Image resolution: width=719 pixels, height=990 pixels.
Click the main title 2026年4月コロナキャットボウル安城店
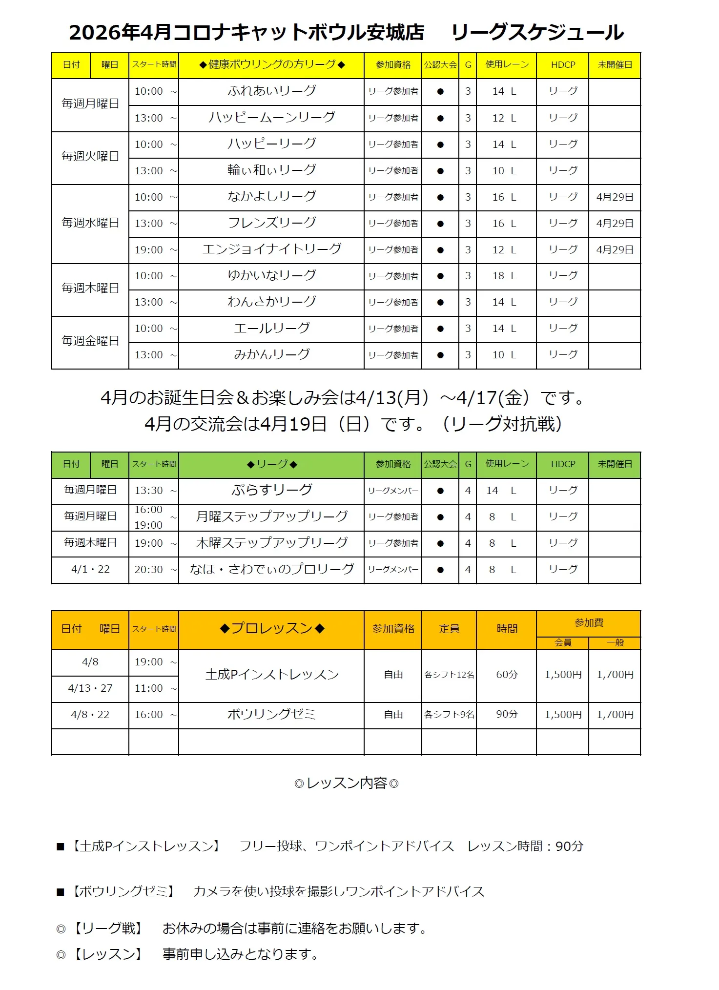click(247, 32)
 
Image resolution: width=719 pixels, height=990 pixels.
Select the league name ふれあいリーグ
click(271, 91)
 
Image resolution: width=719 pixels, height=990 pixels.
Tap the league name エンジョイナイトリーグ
click(271, 249)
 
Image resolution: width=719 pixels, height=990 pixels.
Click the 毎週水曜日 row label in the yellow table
click(90, 223)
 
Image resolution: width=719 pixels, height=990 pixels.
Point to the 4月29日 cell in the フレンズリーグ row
click(615, 224)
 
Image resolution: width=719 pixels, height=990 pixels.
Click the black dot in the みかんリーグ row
click(440, 355)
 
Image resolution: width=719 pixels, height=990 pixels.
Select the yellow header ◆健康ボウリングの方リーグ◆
click(271, 65)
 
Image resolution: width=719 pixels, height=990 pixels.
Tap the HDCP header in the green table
click(563, 464)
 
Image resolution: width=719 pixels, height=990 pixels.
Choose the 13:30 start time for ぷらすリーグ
click(149, 491)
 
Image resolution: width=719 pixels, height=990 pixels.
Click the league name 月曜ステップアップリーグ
click(271, 516)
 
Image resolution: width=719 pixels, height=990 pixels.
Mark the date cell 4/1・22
click(90, 569)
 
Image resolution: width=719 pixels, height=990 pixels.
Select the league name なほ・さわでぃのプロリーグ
click(271, 569)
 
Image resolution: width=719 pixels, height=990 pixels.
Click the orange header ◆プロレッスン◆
click(271, 629)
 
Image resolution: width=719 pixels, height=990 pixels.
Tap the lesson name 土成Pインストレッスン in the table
click(271, 675)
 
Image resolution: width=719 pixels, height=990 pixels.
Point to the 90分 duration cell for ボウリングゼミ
click(506, 714)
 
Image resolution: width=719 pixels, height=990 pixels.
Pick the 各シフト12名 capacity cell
click(449, 675)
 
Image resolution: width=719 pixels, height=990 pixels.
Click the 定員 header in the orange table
click(449, 629)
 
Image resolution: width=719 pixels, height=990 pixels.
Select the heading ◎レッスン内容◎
click(347, 784)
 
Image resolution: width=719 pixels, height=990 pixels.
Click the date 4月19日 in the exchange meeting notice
click(293, 424)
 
